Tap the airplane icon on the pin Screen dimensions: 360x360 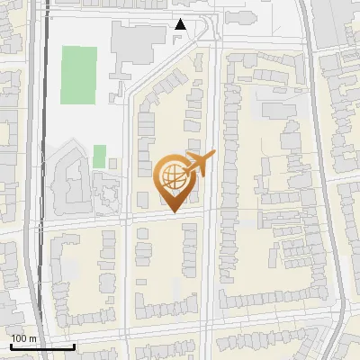pyautogui.click(x=199, y=163)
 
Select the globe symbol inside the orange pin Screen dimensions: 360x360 pyautogui.click(x=170, y=175)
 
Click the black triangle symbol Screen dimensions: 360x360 pyautogui.click(x=181, y=24)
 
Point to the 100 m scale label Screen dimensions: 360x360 pyautogui.click(x=24, y=338)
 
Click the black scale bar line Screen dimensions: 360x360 pyautogui.click(x=41, y=346)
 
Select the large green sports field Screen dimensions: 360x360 pyautogui.click(x=79, y=74)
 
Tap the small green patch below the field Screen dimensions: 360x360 pyautogui.click(x=99, y=155)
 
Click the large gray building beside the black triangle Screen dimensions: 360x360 pyautogui.click(x=139, y=40)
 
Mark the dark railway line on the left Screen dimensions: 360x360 pyautogui.click(x=41, y=180)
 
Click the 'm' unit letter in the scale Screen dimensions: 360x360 pyautogui.click(x=33, y=338)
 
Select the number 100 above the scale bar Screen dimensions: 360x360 pyautogui.click(x=20, y=338)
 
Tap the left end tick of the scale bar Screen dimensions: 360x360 pyautogui.click(x=10, y=345)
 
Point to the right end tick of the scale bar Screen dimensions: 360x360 pyautogui.click(x=74, y=345)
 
